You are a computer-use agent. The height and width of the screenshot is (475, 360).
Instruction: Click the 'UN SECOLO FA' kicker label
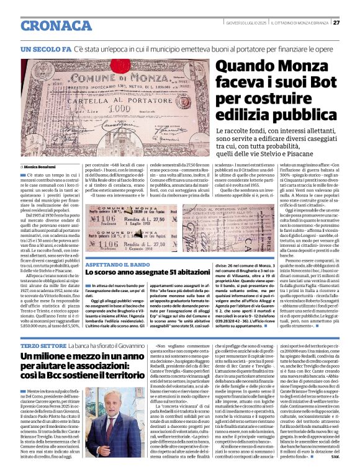click(45, 48)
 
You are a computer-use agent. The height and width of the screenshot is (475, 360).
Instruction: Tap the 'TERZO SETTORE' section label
click(42, 345)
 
